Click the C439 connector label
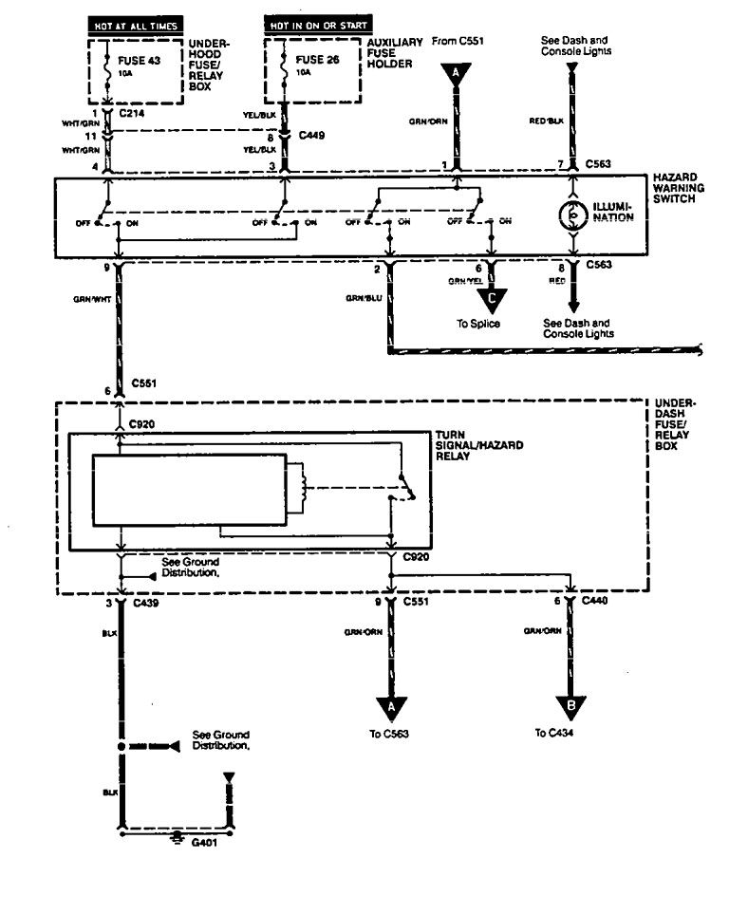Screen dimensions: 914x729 click(147, 603)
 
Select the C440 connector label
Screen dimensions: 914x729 click(596, 603)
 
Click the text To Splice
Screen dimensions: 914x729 click(478, 324)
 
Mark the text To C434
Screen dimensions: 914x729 click(555, 733)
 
